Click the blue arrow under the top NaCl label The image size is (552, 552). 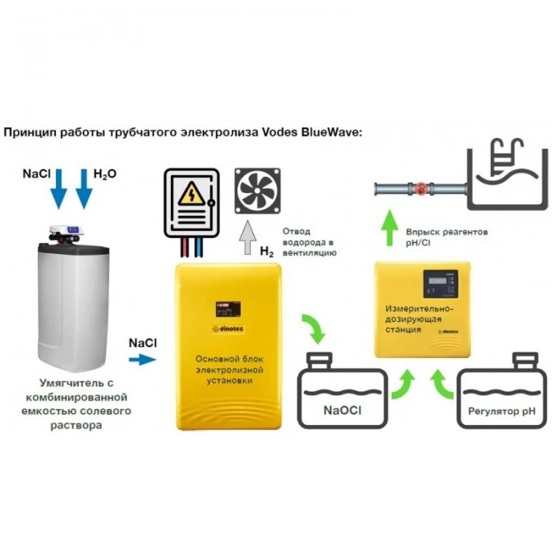(x=58, y=192)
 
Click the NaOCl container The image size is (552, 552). (x=341, y=393)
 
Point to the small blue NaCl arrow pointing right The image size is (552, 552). (x=143, y=360)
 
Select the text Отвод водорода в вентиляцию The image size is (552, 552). (x=309, y=242)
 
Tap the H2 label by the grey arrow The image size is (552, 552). (x=269, y=252)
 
